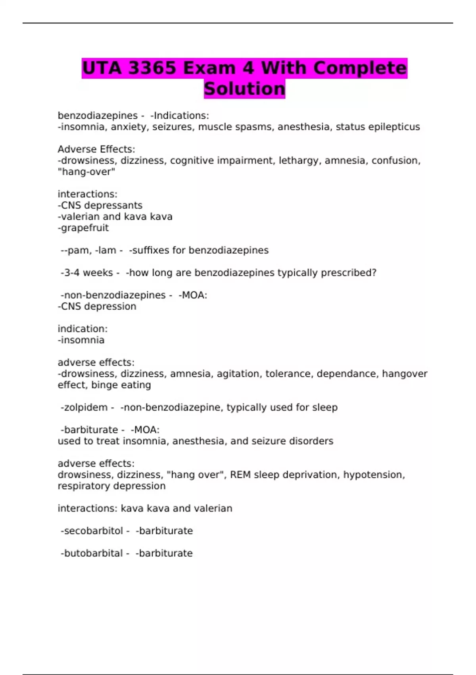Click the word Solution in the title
244,89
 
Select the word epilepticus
394,127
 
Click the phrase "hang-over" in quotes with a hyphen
86,172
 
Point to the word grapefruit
83,228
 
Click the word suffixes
149,250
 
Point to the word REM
240,474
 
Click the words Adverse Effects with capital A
96,149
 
